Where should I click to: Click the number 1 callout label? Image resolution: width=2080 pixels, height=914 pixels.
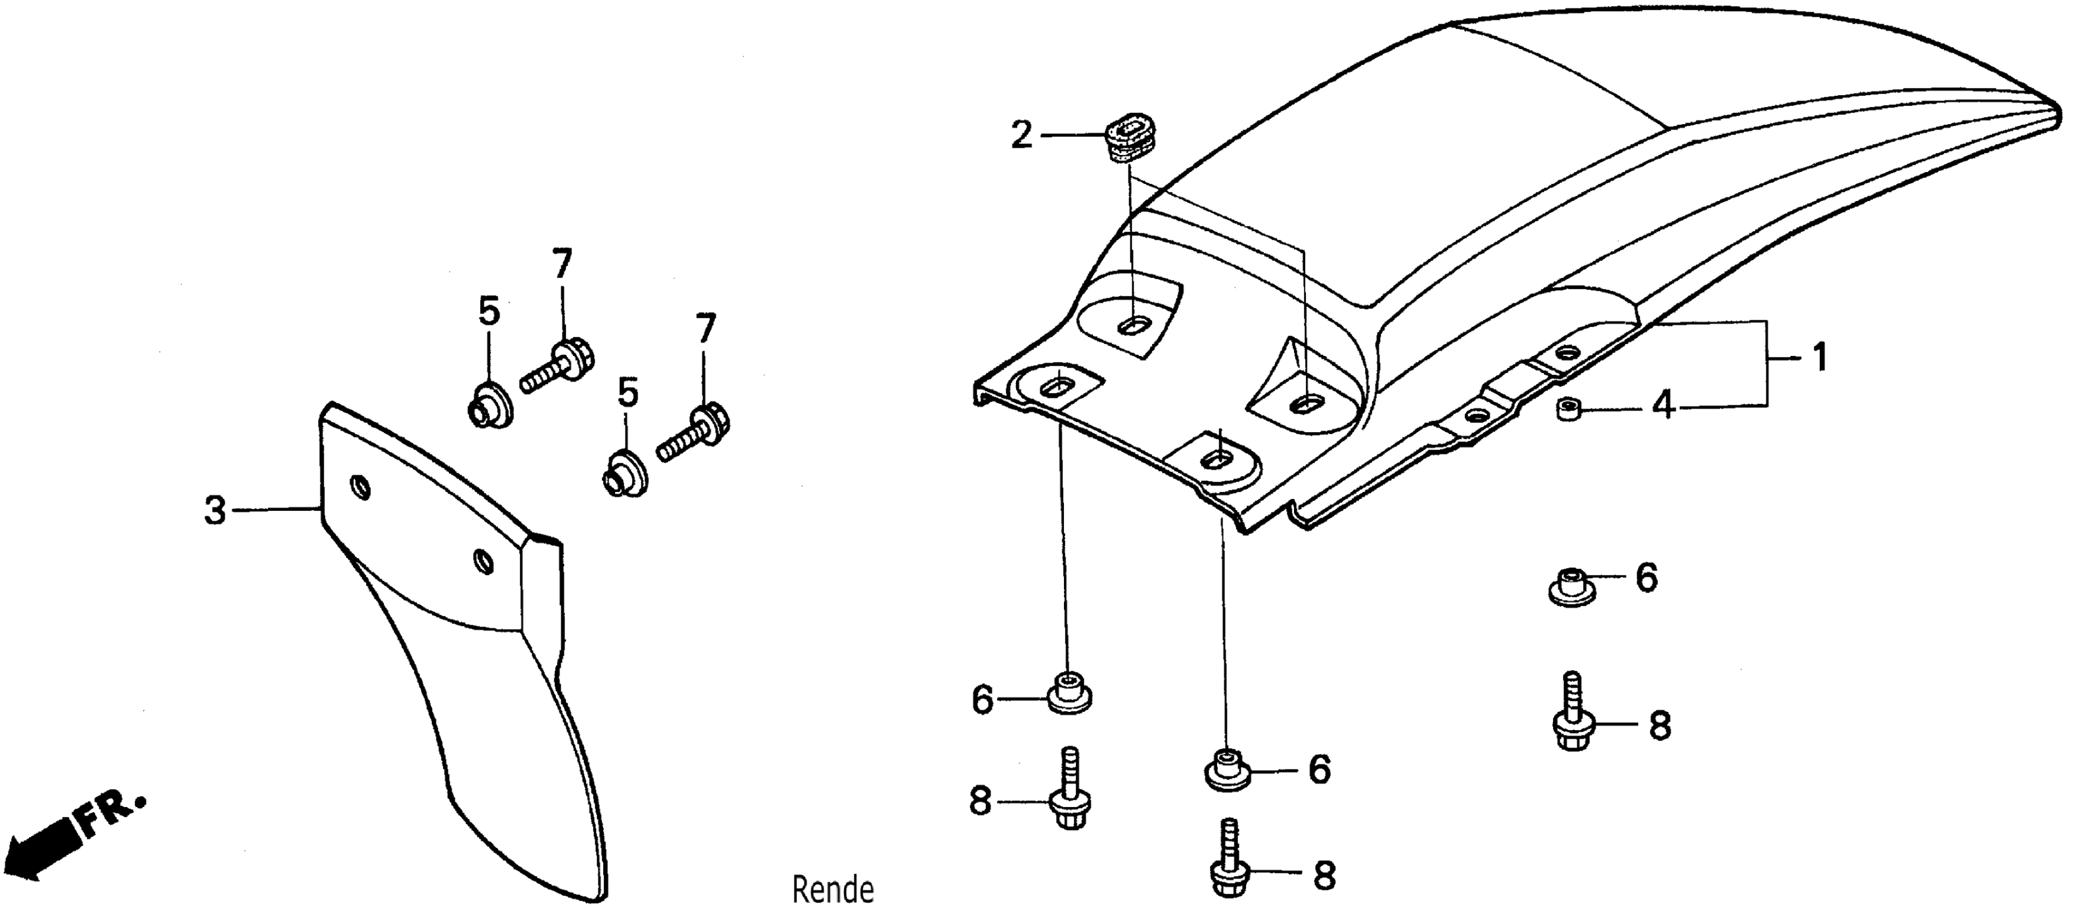(1820, 358)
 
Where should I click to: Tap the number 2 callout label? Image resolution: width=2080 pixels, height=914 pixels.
(1021, 135)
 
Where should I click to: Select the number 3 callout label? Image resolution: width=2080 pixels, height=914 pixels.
(215, 511)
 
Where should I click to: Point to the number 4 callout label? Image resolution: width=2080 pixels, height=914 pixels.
(1662, 406)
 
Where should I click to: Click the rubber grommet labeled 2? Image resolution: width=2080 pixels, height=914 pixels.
(1131, 138)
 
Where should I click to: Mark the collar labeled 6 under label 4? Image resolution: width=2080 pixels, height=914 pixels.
(1570, 587)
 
